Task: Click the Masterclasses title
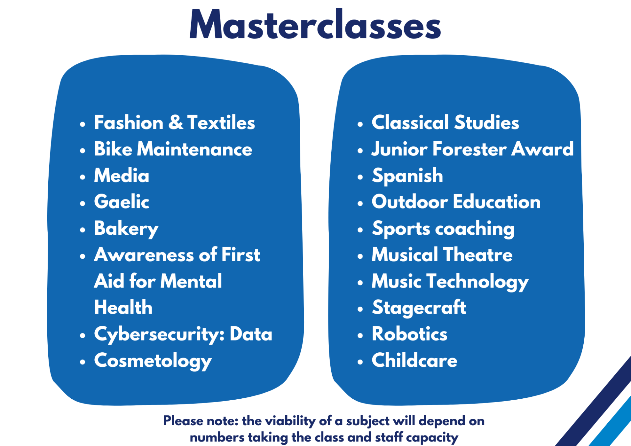(x=315, y=24)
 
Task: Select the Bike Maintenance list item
(x=173, y=149)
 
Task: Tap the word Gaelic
(x=122, y=201)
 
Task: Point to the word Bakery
(x=126, y=229)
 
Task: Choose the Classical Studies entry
(x=445, y=122)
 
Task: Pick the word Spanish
(x=408, y=176)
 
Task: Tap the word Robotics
(x=409, y=334)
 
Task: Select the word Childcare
(x=414, y=360)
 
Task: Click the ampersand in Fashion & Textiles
(x=176, y=122)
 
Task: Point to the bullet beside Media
(x=82, y=177)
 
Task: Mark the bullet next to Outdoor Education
(x=360, y=203)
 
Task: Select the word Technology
(x=478, y=282)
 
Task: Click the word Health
(x=123, y=307)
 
